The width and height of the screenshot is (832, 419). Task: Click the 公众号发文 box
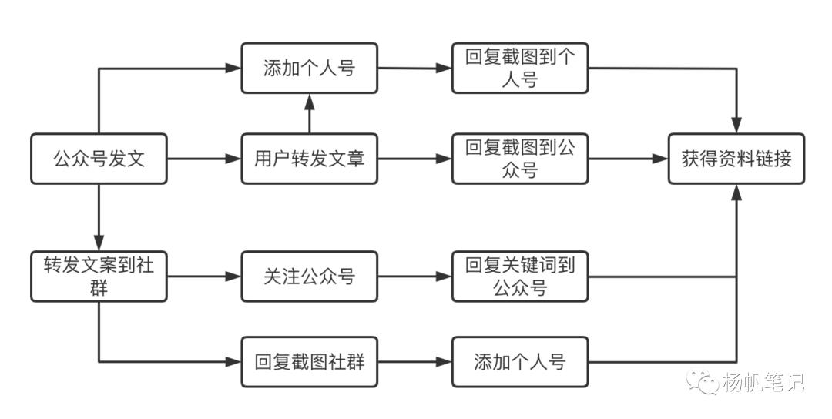point(99,159)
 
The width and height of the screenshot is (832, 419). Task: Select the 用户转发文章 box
point(309,159)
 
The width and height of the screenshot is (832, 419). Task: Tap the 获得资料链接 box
point(736,159)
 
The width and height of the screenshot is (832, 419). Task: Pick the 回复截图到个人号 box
point(519,69)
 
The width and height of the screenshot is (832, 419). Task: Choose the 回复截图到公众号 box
point(519,159)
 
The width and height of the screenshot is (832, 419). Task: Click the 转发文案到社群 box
point(99,276)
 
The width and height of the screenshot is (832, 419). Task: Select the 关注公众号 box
point(309,276)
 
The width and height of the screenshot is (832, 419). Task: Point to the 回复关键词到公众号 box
point(519,276)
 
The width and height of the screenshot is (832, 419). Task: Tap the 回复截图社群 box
point(309,361)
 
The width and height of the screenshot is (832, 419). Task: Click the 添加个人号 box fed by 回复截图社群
point(519,361)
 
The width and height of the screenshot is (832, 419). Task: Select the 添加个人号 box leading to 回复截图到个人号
point(309,69)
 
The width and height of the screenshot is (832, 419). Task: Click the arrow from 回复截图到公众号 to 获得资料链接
point(627,159)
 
